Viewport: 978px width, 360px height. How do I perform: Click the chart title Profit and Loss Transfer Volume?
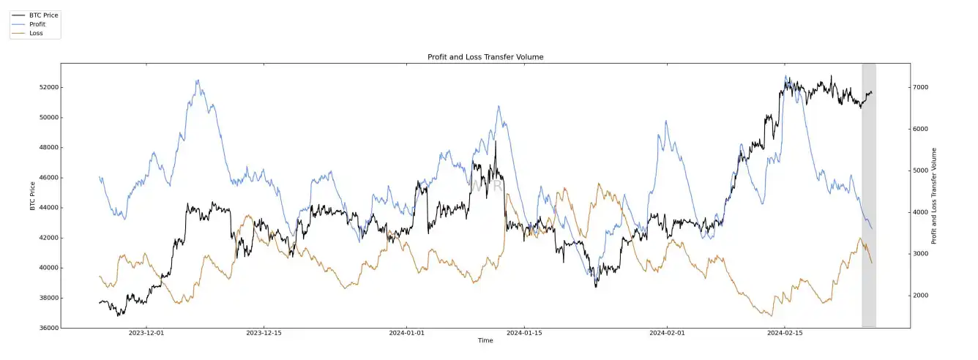(485, 57)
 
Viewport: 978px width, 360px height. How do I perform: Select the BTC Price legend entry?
(43, 15)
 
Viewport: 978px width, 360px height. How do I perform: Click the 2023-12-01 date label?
(146, 333)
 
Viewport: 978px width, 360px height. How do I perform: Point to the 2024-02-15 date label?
(784, 333)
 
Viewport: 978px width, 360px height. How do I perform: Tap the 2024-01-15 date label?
(525, 333)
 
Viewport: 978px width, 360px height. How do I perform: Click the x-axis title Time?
(485, 341)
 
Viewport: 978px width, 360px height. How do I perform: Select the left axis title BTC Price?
(33, 195)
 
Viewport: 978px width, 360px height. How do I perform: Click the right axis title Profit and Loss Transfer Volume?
(934, 195)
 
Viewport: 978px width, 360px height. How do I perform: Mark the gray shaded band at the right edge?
(868, 195)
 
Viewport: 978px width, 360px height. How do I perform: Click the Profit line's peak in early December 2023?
(198, 80)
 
